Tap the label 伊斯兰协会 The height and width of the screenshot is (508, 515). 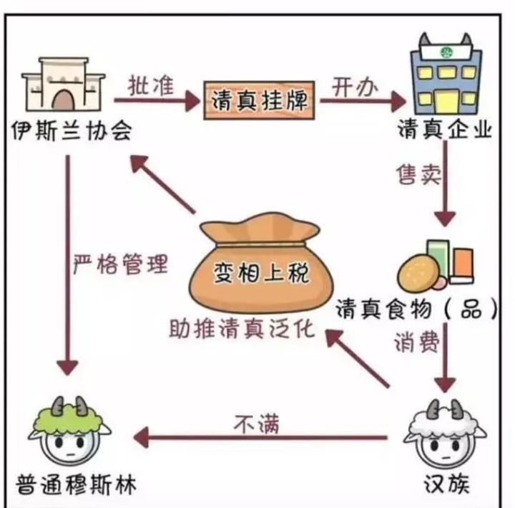pyautogui.click(x=72, y=130)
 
